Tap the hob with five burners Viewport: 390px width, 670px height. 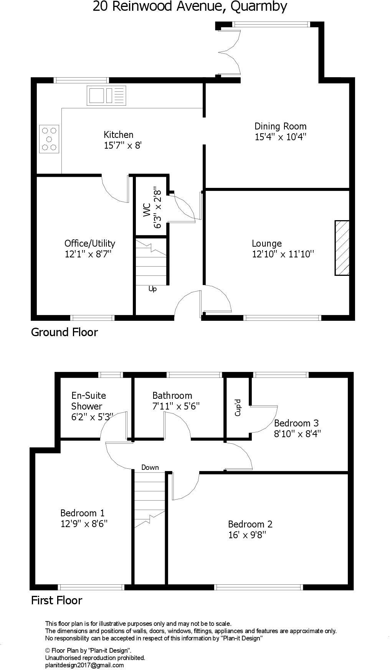pos(49,139)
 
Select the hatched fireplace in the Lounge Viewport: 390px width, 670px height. pos(342,248)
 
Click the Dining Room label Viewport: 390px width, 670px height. pos(280,126)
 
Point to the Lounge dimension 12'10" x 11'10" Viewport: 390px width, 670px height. pos(283,254)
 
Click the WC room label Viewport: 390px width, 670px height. pos(147,210)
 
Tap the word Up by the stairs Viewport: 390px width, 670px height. pos(152,289)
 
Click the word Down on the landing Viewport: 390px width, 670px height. pos(150,468)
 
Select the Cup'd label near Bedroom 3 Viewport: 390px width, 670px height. pos(238,408)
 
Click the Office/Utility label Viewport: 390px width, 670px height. pos(89,243)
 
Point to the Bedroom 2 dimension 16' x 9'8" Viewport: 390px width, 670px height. pos(247,535)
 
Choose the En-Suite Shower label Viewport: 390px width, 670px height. pos(88,401)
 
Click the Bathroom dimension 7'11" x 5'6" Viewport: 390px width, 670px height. pos(176,406)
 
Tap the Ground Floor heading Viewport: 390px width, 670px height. pos(64,332)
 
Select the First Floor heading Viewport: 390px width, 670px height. pos(56,600)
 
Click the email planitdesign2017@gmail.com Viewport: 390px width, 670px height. pos(84,665)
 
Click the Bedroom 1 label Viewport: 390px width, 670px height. pos(82,513)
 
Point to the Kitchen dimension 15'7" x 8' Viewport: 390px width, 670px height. pos(123,146)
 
